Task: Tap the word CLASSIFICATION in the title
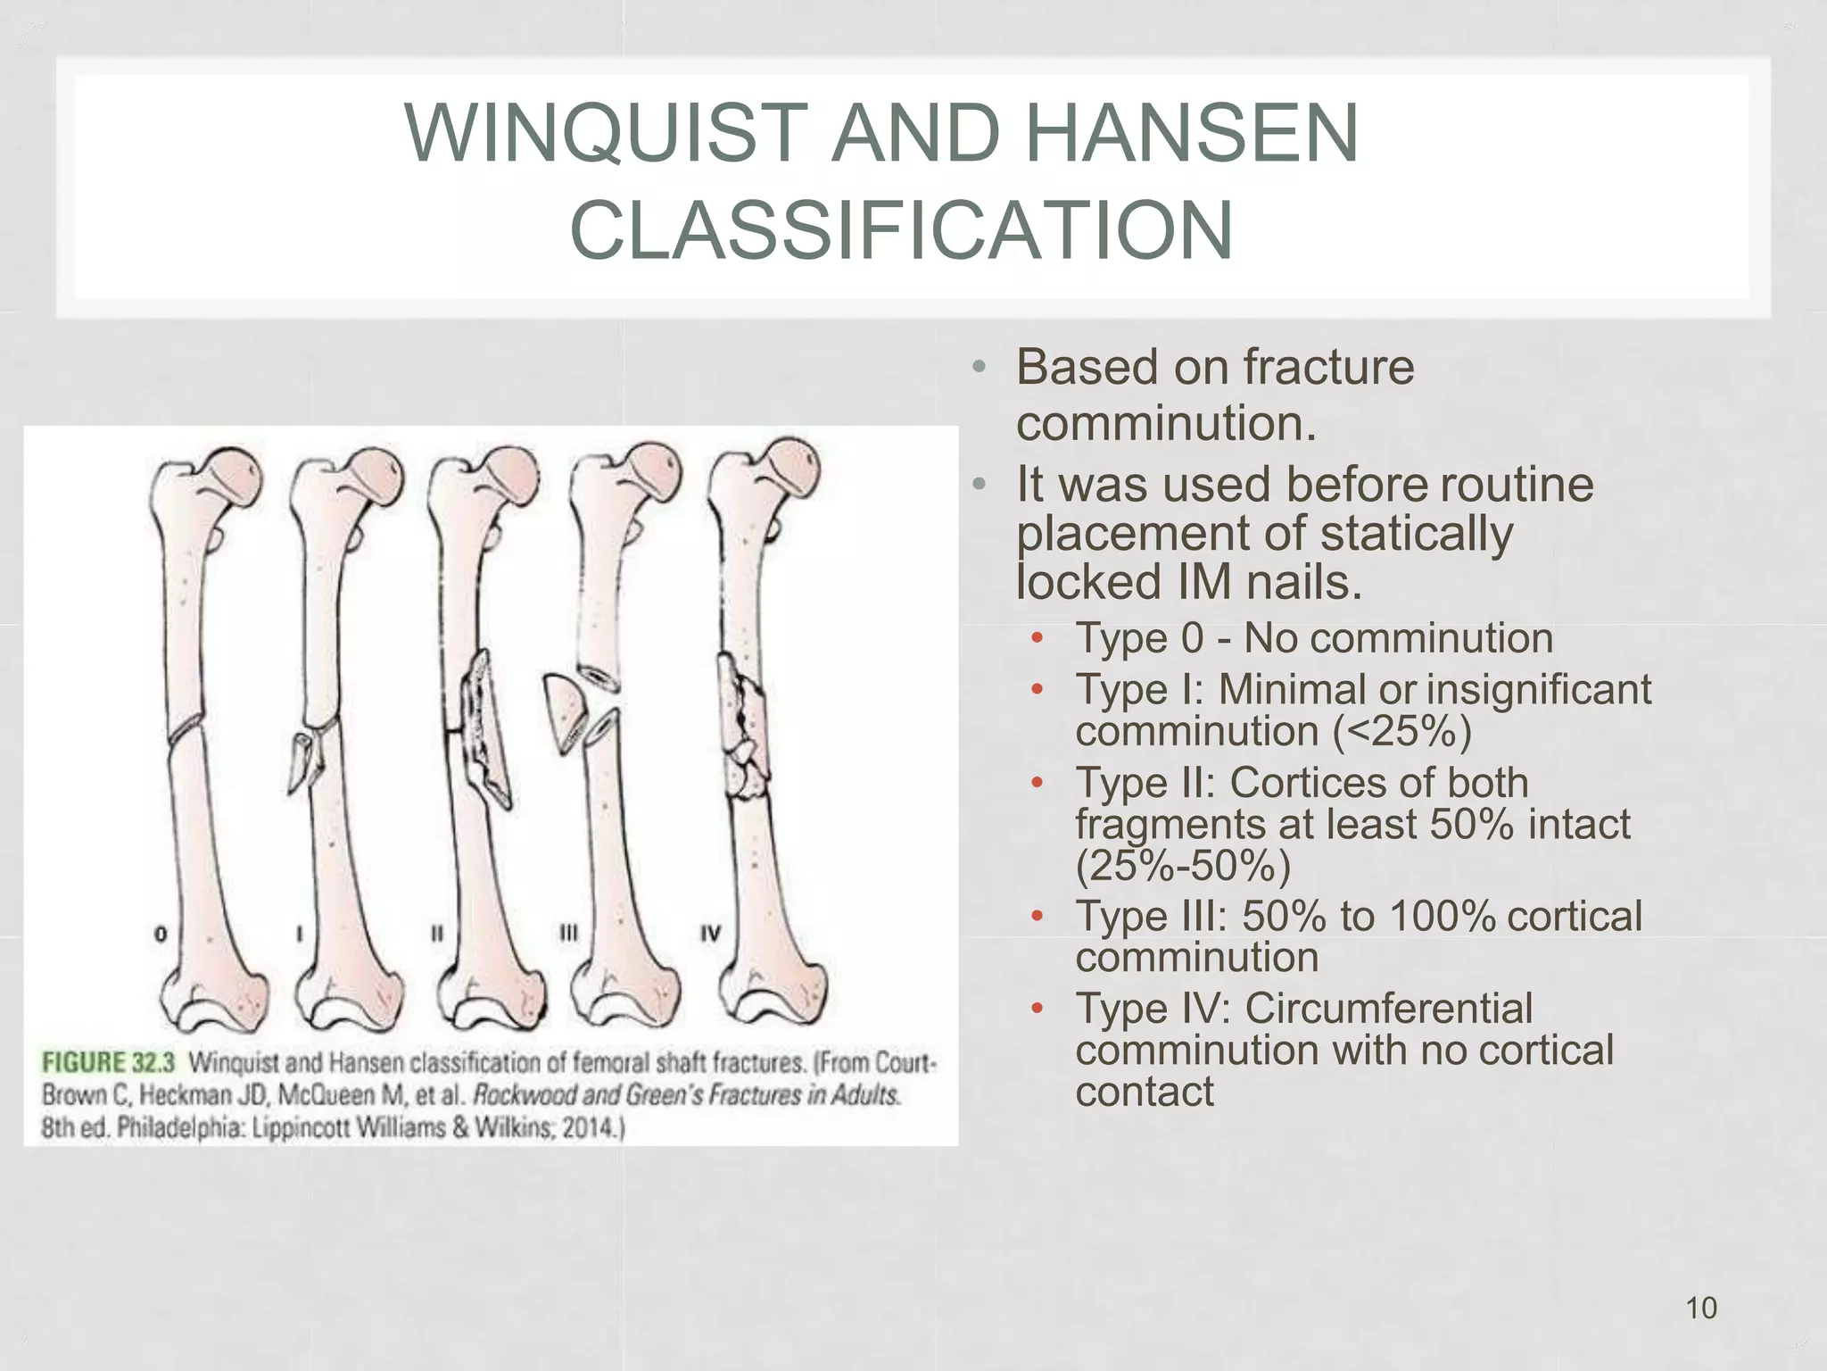(901, 230)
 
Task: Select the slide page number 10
(1700, 1308)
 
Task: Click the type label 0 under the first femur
(161, 934)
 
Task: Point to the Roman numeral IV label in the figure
(710, 934)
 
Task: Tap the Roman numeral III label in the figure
(568, 933)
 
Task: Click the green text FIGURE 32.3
(109, 1062)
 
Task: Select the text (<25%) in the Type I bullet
(1401, 732)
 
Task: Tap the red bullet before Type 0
(1037, 638)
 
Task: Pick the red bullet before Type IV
(1037, 1010)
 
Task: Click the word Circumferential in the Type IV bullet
(1388, 1010)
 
